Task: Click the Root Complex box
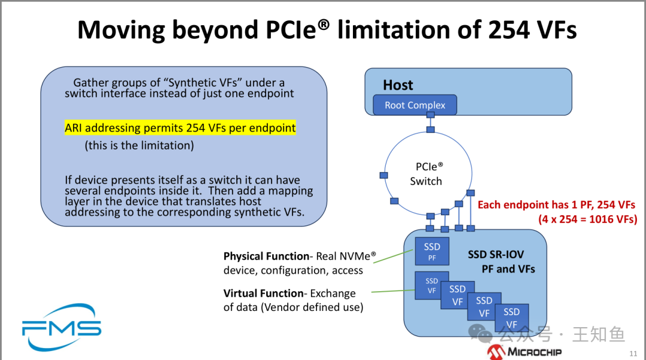coord(415,105)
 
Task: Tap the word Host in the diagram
coord(398,85)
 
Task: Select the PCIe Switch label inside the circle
coord(426,174)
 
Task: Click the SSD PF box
coord(432,251)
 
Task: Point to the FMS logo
coord(61,327)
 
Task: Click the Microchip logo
coord(524,352)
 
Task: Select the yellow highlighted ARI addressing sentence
coord(180,127)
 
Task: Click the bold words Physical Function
coord(266,256)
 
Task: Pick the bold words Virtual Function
coord(263,293)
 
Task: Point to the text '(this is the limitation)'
coord(139,145)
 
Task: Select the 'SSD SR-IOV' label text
coord(496,255)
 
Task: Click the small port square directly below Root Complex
coord(430,130)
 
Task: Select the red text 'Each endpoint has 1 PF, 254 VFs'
coord(556,205)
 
